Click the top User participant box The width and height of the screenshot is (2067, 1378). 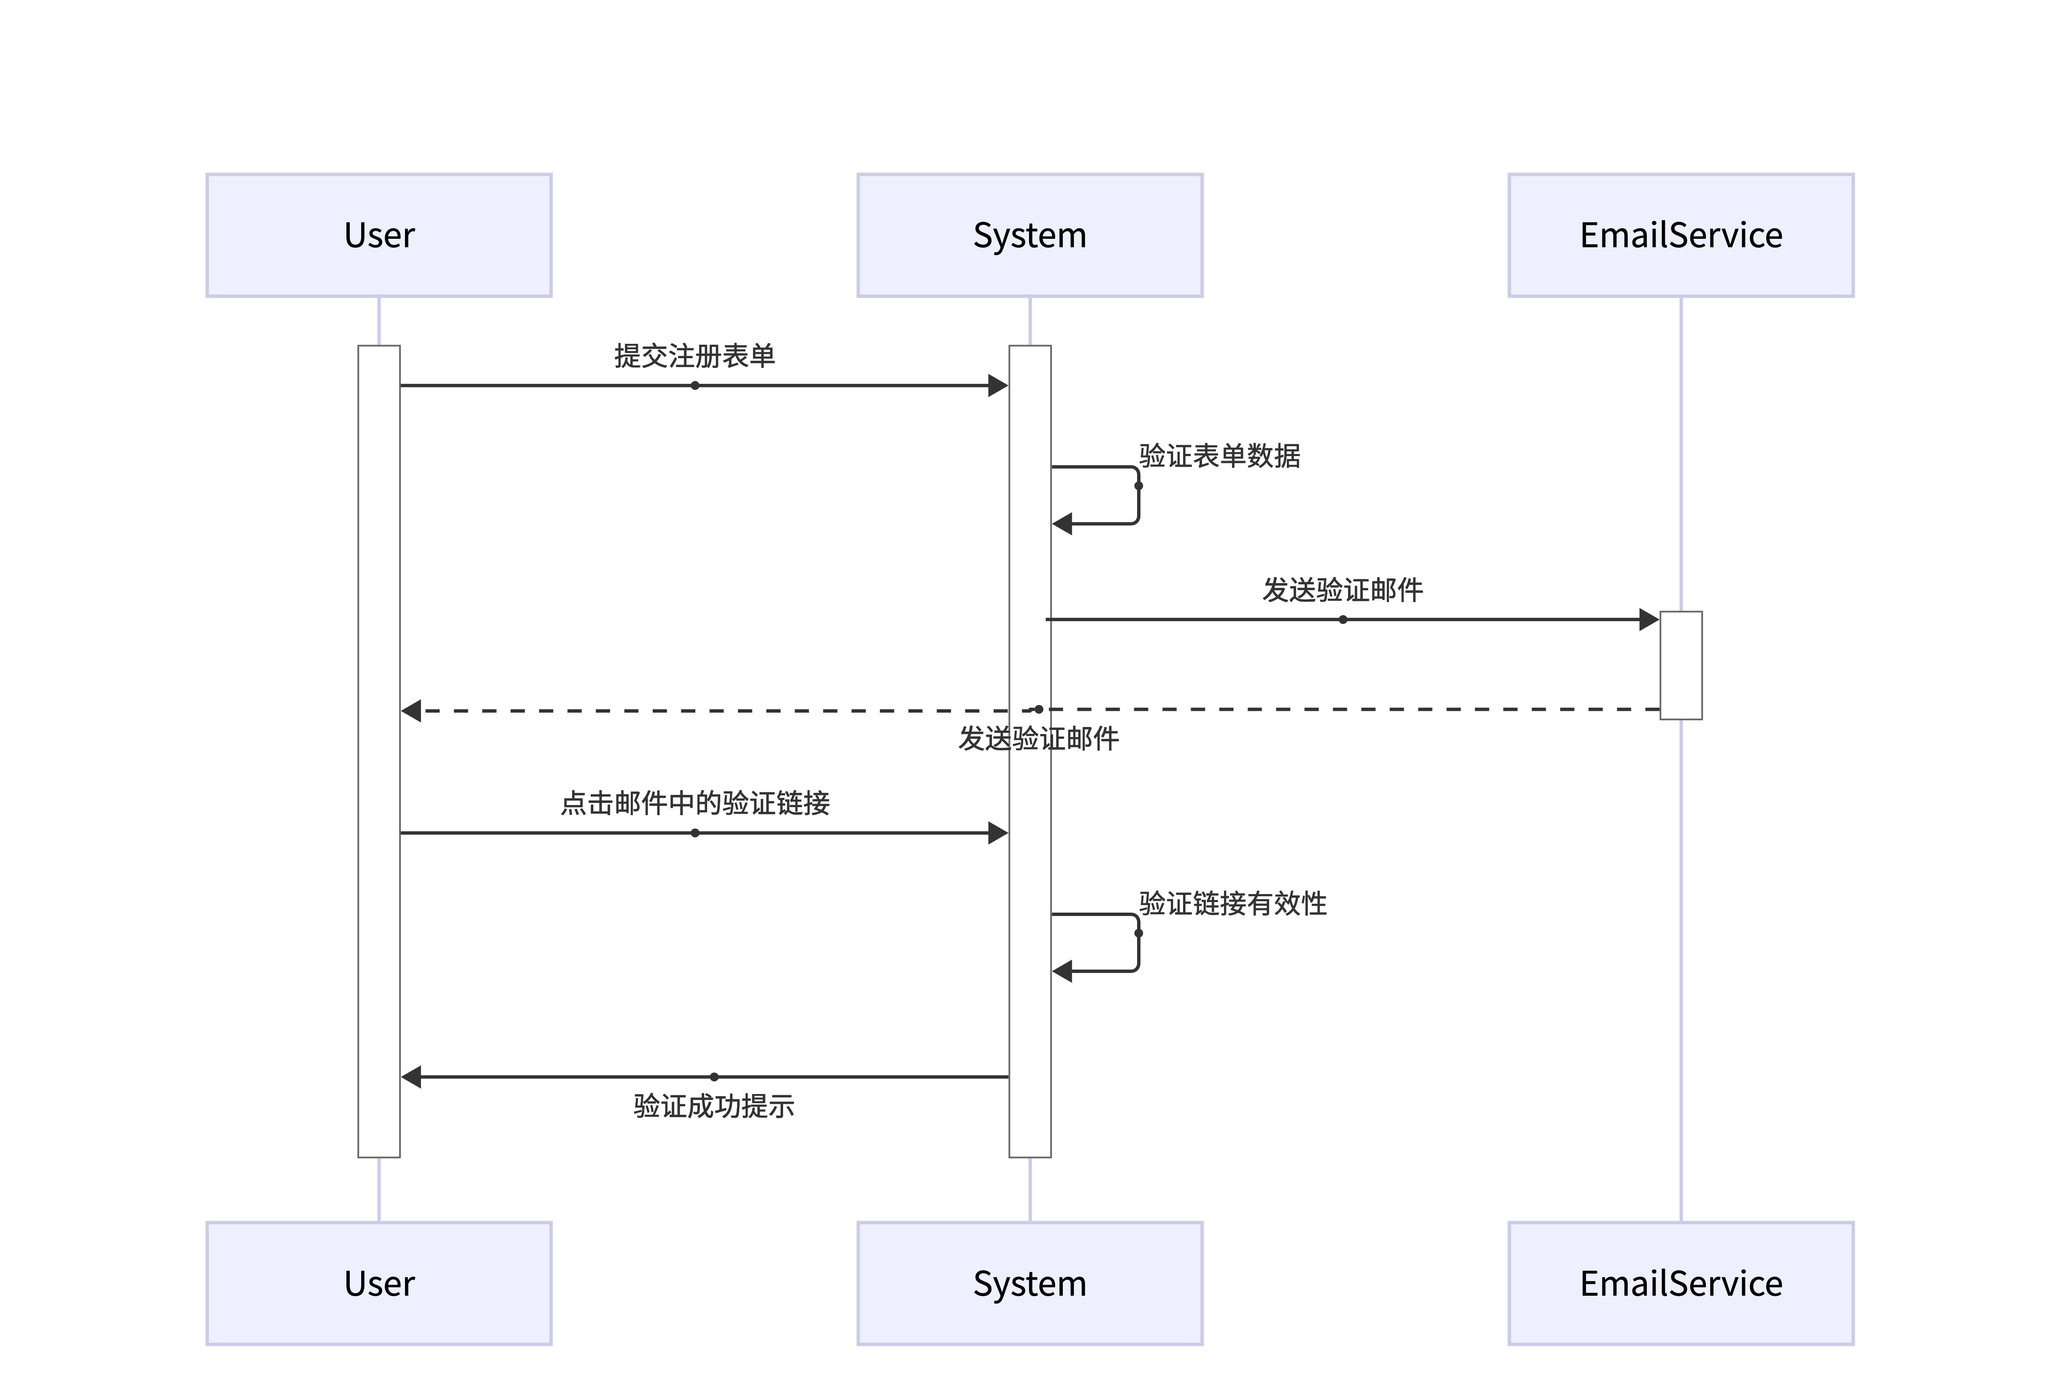pyautogui.click(x=379, y=235)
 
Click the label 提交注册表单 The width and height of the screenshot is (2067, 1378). pyautogui.click(x=694, y=356)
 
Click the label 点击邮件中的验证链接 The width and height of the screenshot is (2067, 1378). pyautogui.click(x=694, y=803)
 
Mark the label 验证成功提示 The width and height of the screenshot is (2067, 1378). pyautogui.click(x=713, y=1105)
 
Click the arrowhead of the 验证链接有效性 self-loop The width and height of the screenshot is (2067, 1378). pyautogui.click(x=1062, y=971)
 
